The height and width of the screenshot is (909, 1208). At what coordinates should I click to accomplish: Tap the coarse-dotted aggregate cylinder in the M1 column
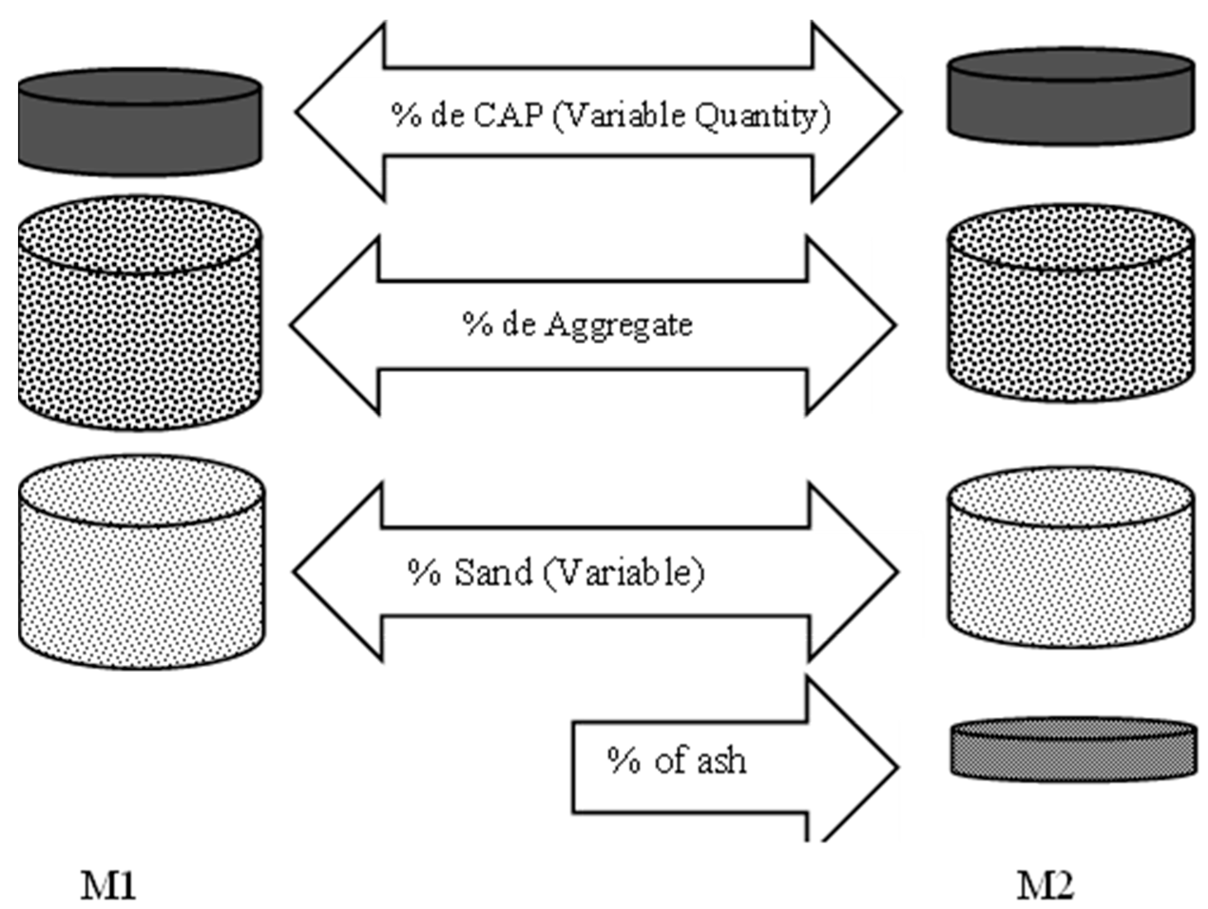click(x=140, y=313)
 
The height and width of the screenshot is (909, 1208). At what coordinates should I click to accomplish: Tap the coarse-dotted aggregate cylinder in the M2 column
click(x=1070, y=304)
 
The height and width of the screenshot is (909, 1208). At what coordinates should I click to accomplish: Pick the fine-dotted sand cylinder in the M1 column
click(x=142, y=563)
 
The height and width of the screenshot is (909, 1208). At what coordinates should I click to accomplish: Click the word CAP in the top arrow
click(x=508, y=116)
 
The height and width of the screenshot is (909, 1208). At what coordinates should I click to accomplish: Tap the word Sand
click(x=493, y=573)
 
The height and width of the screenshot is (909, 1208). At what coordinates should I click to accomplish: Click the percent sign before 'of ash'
click(x=623, y=760)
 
